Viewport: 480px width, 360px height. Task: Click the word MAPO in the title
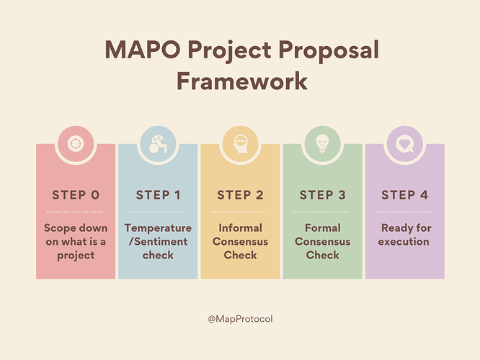[143, 50]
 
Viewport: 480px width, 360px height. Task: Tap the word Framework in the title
[242, 81]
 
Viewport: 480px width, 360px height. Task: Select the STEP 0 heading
[76, 195]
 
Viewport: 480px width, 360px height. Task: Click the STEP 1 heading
[158, 195]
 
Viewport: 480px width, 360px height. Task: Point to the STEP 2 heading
[240, 195]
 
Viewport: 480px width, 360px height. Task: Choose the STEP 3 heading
[323, 195]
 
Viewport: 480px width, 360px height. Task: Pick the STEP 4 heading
[405, 195]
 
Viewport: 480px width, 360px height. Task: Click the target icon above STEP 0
[76, 143]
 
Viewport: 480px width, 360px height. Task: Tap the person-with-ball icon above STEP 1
[158, 143]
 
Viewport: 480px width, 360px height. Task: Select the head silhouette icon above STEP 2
[240, 144]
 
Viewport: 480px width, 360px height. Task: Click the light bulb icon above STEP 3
[322, 143]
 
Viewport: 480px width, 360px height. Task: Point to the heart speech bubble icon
[405, 144]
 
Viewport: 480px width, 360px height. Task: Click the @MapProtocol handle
[240, 319]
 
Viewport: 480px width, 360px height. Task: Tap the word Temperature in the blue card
[158, 228]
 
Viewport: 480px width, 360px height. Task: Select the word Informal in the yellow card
[240, 228]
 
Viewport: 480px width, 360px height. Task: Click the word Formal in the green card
[323, 228]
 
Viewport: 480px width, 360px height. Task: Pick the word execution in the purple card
[404, 242]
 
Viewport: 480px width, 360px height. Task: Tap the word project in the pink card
[76, 256]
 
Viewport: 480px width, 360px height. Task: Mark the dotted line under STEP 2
[239, 212]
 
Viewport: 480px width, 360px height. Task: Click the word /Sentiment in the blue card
[158, 242]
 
